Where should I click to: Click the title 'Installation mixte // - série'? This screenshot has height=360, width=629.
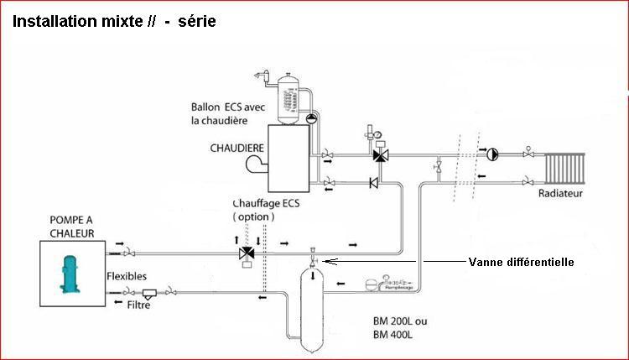point(114,21)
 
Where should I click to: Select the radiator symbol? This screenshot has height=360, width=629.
point(569,168)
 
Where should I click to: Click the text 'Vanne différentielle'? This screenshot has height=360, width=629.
point(521,262)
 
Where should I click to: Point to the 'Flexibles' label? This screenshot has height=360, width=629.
point(127,275)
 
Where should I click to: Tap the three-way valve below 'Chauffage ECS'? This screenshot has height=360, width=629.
point(247,253)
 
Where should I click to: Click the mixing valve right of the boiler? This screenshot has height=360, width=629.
point(380,155)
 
